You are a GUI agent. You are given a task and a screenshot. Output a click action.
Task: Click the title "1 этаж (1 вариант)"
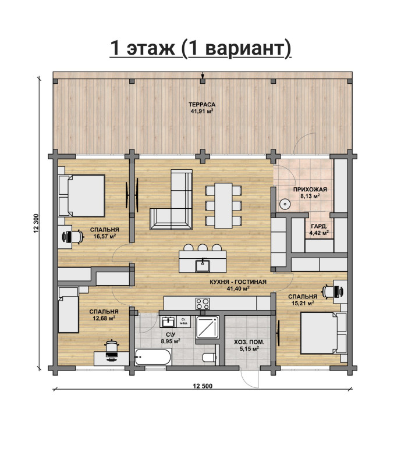[200, 48]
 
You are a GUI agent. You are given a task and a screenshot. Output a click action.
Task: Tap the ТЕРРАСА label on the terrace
[202, 105]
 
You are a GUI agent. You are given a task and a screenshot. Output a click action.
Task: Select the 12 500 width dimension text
[203, 386]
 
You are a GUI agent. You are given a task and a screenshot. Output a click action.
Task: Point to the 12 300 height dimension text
[36, 223]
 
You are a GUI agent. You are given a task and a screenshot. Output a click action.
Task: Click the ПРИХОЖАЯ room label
[310, 190]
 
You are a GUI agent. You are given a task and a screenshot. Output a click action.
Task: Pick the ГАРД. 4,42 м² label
[319, 229]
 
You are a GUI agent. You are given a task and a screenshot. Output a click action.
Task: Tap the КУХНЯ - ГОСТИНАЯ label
[238, 281]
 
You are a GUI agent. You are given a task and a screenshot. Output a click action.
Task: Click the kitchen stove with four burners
[203, 304]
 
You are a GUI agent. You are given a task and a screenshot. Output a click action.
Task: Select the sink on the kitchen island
[203, 265]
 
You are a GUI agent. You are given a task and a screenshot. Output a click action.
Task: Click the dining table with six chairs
[223, 205]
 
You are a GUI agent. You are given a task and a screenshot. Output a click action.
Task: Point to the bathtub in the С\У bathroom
[153, 357]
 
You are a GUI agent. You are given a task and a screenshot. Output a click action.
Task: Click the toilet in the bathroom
[210, 357]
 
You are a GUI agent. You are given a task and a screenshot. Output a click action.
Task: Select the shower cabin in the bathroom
[207, 327]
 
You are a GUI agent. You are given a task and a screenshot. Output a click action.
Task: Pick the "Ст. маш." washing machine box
[184, 322]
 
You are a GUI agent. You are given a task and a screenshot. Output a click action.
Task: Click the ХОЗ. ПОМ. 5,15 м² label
[249, 345]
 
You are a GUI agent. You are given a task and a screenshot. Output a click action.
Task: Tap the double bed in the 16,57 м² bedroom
[81, 195]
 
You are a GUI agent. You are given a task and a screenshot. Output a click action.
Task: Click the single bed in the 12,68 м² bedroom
[68, 310]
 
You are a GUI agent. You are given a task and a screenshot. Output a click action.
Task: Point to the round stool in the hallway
[285, 204]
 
